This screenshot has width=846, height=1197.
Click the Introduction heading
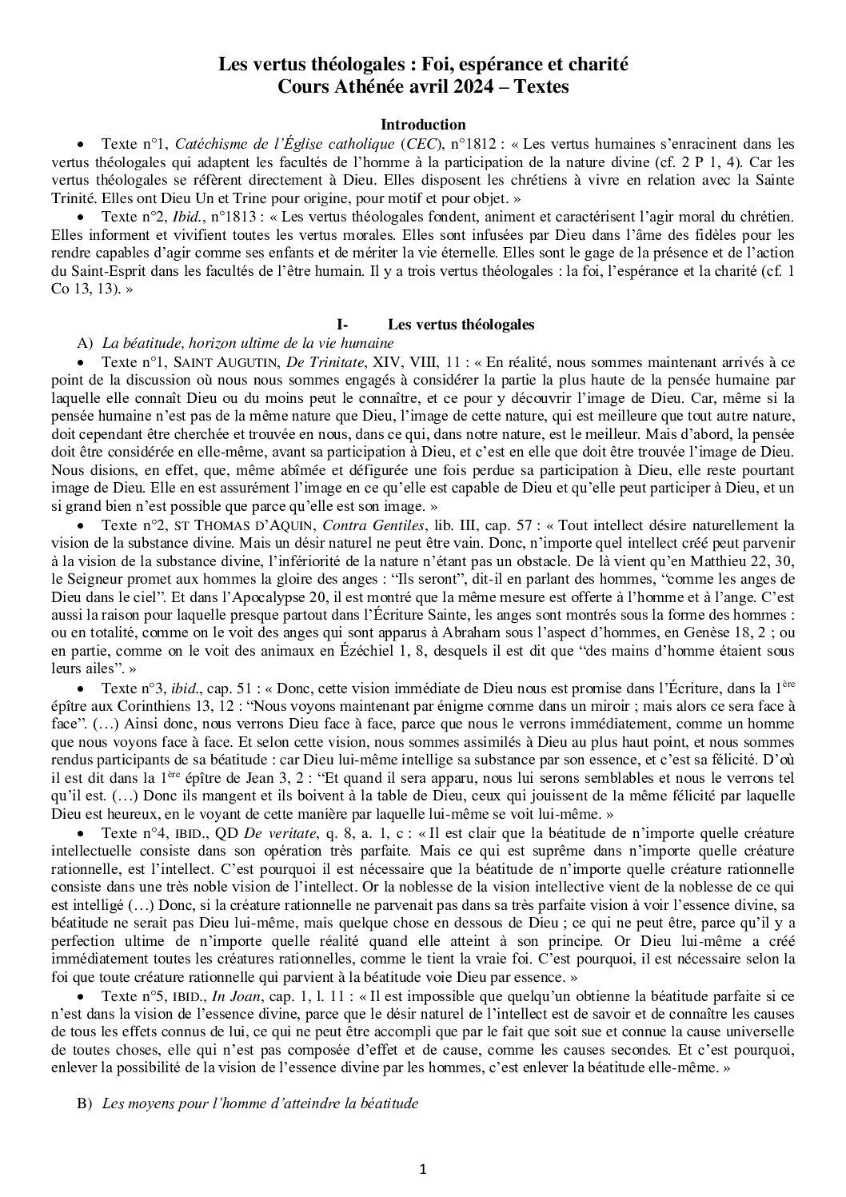[423, 125]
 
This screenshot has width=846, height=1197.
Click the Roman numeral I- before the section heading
[344, 325]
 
